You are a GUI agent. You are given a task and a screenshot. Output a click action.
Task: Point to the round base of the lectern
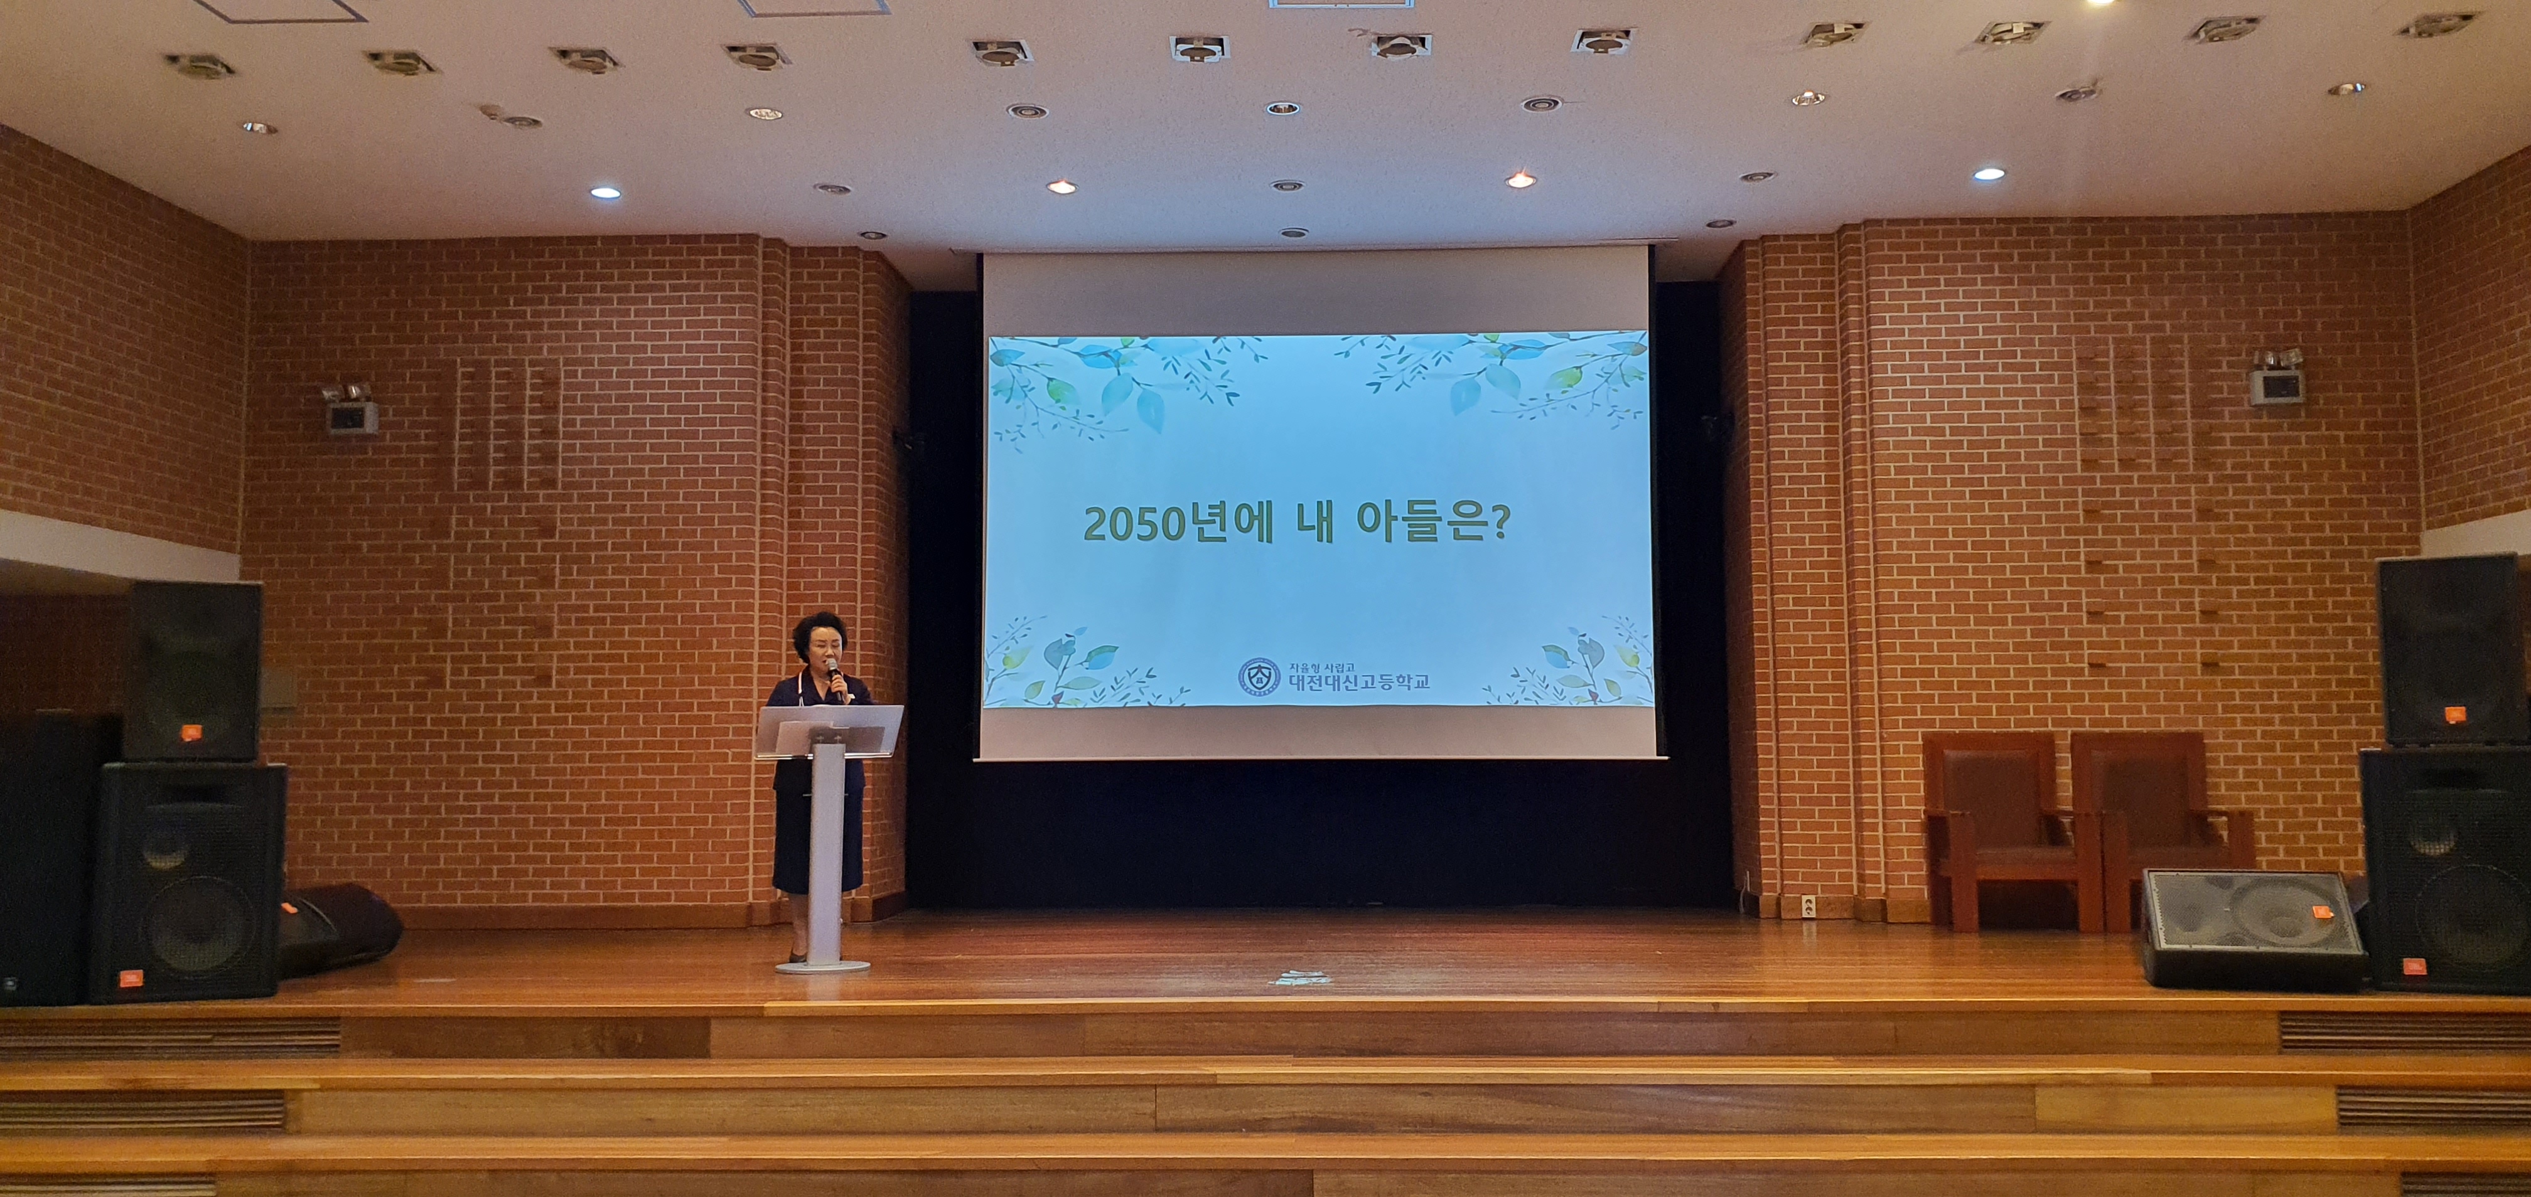(x=822, y=966)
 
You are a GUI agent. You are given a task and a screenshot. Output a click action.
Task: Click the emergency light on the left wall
(x=350, y=408)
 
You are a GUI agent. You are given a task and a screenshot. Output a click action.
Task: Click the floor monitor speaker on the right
(x=2251, y=928)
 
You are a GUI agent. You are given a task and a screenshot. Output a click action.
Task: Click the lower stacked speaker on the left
(x=186, y=882)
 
